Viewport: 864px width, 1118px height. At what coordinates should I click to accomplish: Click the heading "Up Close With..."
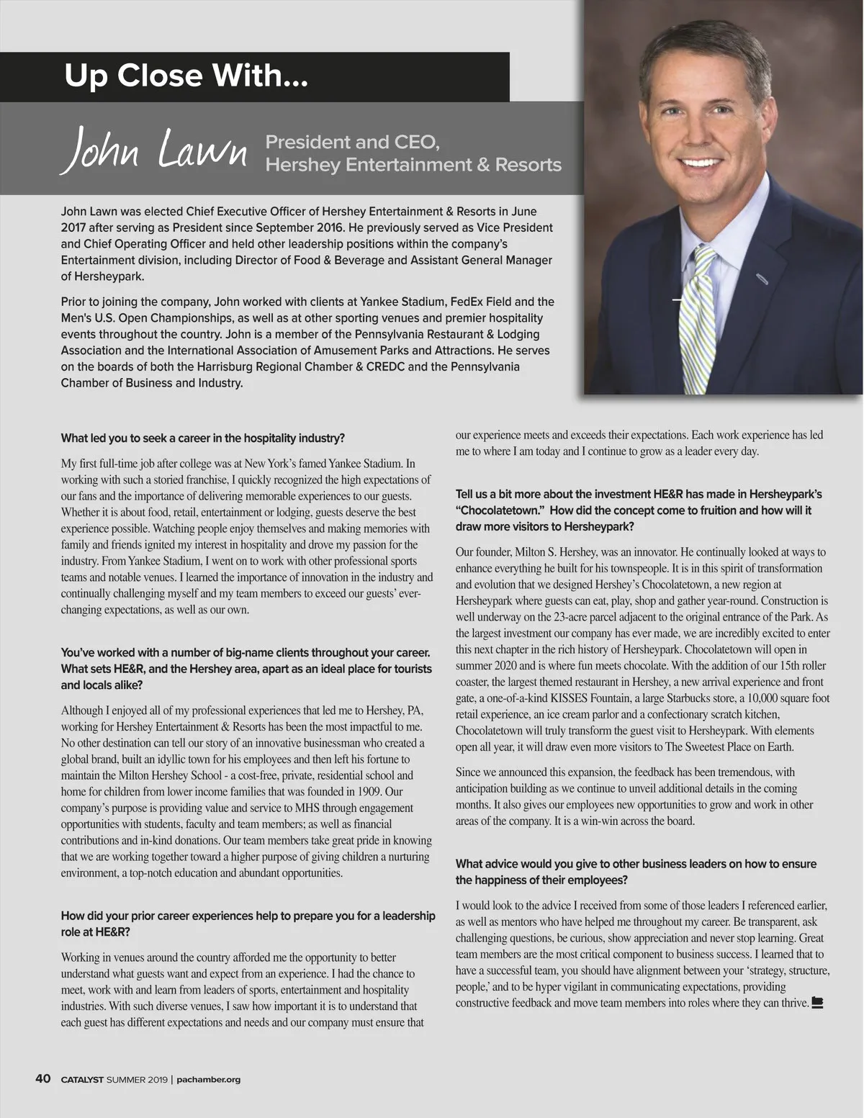(x=186, y=76)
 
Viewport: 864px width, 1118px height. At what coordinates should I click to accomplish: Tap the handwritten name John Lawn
(x=155, y=150)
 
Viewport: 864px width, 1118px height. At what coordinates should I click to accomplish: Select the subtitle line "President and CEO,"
(x=352, y=142)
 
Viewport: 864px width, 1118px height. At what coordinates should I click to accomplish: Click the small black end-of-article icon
(x=816, y=1002)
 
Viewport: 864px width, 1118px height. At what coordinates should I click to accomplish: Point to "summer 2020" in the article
(x=486, y=666)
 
